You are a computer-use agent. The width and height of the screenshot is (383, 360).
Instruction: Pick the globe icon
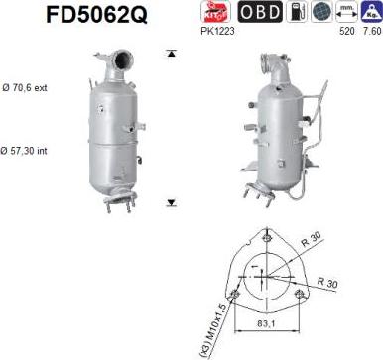319,13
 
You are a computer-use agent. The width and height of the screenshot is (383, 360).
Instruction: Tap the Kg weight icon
371,13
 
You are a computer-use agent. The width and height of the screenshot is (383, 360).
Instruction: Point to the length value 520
346,32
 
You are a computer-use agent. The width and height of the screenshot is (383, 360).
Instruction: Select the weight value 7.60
371,32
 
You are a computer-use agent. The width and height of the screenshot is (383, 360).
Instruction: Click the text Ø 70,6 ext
25,88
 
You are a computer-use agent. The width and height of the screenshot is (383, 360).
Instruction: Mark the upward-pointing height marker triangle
171,53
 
